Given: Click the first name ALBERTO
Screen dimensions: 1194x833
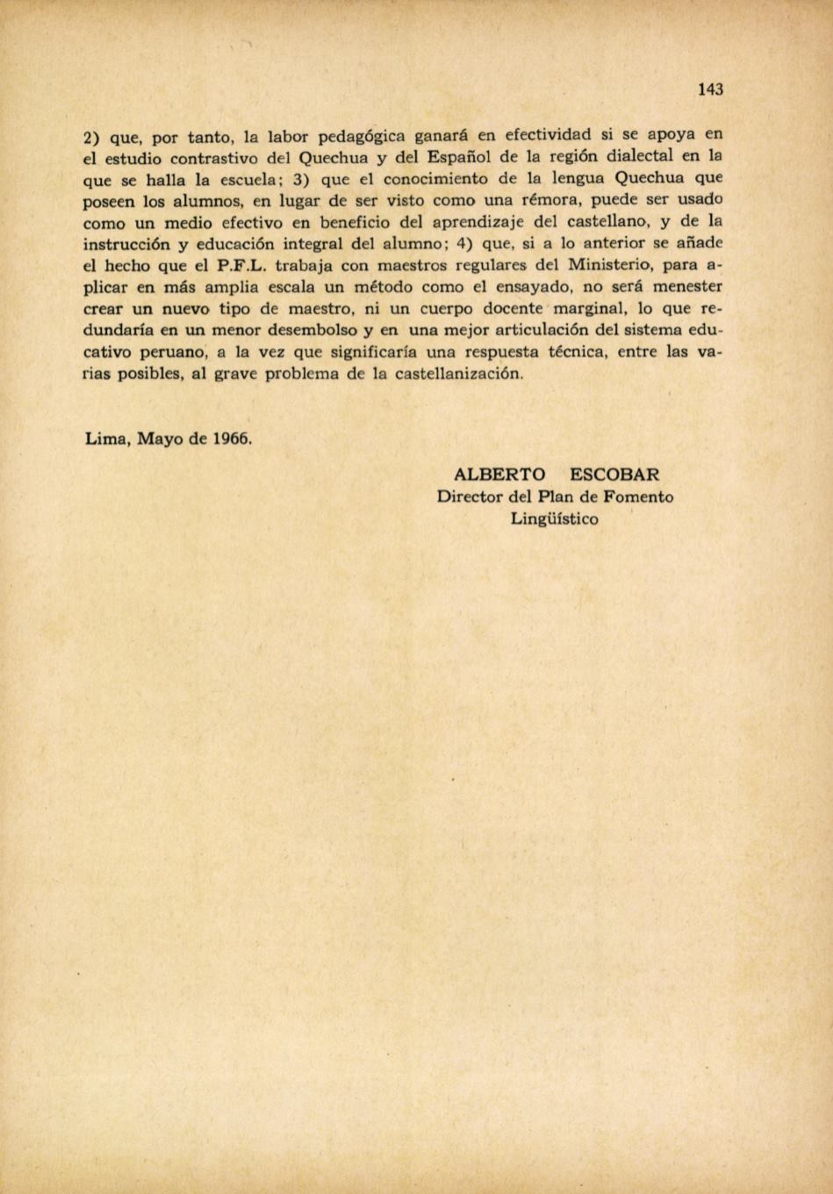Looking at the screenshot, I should click(x=499, y=475).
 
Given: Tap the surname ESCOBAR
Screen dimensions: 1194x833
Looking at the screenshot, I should click(x=614, y=475).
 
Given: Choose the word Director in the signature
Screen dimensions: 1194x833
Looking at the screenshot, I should click(x=470, y=497).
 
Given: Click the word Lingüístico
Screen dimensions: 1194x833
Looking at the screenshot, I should click(x=555, y=518).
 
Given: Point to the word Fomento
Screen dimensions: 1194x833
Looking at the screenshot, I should click(x=639, y=497).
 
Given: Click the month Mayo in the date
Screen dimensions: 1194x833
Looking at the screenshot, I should click(x=161, y=439).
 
